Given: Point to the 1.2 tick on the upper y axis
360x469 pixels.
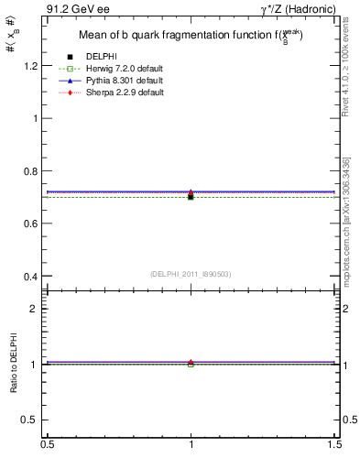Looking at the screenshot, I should pos(33,66).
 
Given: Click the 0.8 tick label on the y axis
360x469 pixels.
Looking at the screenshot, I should pos(33,171).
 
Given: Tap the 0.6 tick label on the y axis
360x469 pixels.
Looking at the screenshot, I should pos(33,224).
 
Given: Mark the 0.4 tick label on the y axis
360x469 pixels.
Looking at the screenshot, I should pos(33,277).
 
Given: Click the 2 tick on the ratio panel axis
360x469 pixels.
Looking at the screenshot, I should pos(38,309).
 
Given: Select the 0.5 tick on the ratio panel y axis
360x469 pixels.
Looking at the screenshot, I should pos(33,420).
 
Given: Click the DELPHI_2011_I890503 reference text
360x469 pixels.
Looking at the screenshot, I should pos(190,274).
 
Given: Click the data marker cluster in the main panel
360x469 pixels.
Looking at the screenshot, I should pos(191,194).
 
